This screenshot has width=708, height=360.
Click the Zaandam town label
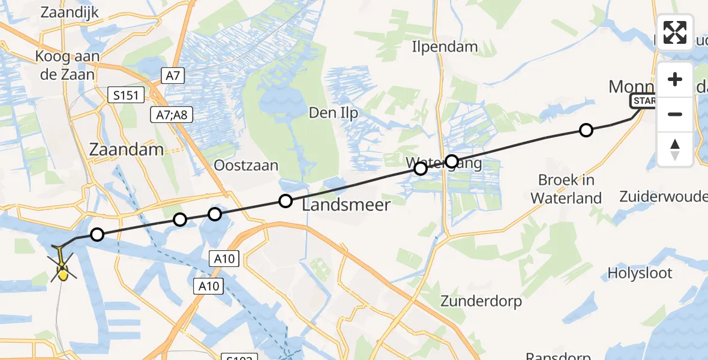(x=126, y=149)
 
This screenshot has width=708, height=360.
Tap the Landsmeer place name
(x=346, y=205)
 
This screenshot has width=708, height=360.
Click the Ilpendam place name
(x=445, y=46)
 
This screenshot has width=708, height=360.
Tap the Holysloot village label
(x=640, y=273)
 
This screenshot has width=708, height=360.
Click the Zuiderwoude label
(x=662, y=197)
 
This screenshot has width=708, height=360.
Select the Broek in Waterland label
(x=566, y=189)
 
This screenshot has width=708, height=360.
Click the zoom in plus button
(x=675, y=79)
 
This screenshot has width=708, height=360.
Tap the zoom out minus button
(x=675, y=114)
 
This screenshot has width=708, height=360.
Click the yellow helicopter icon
(x=63, y=272)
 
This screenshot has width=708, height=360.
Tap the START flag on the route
(x=644, y=101)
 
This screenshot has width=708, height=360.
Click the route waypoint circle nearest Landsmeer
(x=286, y=201)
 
